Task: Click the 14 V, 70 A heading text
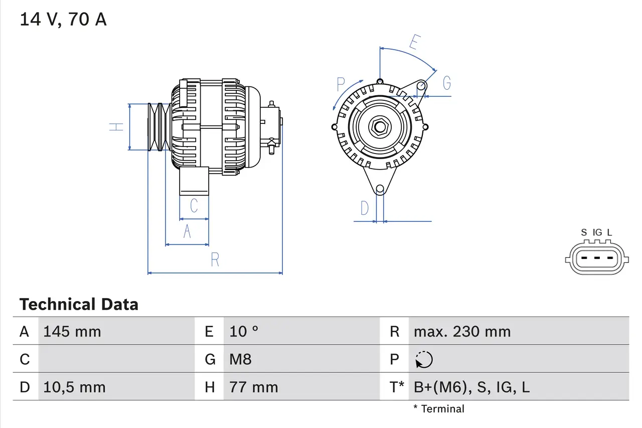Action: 63,20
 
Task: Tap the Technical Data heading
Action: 79,305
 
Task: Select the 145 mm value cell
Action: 72,332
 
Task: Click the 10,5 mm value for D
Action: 74,387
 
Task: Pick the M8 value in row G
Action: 240,359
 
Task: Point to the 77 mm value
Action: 253,387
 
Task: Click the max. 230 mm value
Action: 462,332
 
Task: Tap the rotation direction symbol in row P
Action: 424,360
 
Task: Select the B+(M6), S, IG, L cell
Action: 471,387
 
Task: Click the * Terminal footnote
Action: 439,409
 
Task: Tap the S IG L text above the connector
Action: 596,232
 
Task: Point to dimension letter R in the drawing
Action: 215,260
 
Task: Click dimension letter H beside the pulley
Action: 116,126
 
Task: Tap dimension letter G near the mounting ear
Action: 446,83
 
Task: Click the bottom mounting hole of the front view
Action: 380,189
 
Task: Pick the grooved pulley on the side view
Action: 159,126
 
